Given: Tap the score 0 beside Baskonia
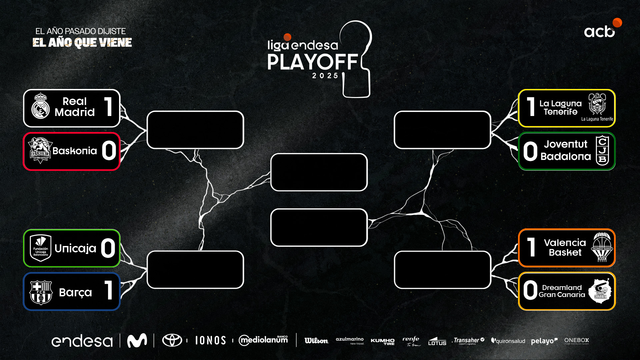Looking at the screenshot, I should (109, 151).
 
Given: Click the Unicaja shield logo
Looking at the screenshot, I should (40, 248).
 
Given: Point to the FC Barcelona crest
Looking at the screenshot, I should (41, 292).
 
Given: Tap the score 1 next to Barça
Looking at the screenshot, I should (108, 290).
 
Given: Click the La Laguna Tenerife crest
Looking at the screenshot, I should (597, 104).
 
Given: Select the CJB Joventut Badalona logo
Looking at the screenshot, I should (602, 151).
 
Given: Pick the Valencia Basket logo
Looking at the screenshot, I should (602, 247).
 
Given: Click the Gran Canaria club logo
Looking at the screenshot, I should (600, 291).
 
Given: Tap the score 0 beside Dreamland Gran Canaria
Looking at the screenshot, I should (530, 290).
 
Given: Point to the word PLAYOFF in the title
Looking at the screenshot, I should (312, 62).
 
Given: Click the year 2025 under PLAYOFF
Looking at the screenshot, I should (325, 76).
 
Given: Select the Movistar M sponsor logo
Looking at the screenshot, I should (137, 340).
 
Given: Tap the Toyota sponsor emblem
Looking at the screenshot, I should (172, 340).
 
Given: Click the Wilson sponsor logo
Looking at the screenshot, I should (316, 341).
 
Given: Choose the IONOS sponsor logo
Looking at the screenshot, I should (210, 340).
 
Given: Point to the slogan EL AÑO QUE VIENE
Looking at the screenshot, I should (82, 43).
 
